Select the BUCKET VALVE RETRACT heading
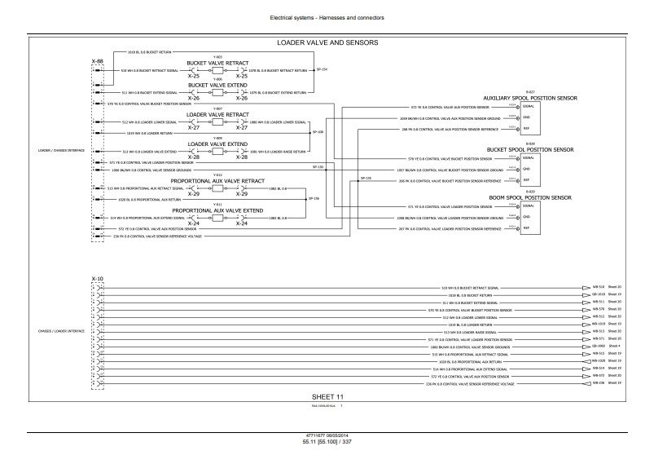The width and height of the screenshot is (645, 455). pyautogui.click(x=217, y=62)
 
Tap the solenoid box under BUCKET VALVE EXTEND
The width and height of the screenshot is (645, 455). pyautogui.click(x=217, y=93)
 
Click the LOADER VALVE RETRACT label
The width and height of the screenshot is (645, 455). pyautogui.click(x=217, y=114)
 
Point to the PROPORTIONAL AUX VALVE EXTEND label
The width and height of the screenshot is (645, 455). pyautogui.click(x=217, y=210)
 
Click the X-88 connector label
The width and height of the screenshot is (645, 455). pyautogui.click(x=96, y=61)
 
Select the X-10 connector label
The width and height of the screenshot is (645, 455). pyautogui.click(x=98, y=279)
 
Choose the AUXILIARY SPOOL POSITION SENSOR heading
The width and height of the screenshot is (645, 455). pyautogui.click(x=530, y=97)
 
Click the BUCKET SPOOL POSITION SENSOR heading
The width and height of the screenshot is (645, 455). pyautogui.click(x=530, y=150)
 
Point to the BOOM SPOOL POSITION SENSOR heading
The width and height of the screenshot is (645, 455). pyautogui.click(x=530, y=198)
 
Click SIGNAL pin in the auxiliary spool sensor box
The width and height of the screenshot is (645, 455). pyautogui.click(x=528, y=107)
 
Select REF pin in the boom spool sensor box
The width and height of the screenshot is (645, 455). pyautogui.click(x=526, y=229)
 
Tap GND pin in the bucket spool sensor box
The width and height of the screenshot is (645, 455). pyautogui.click(x=526, y=170)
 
